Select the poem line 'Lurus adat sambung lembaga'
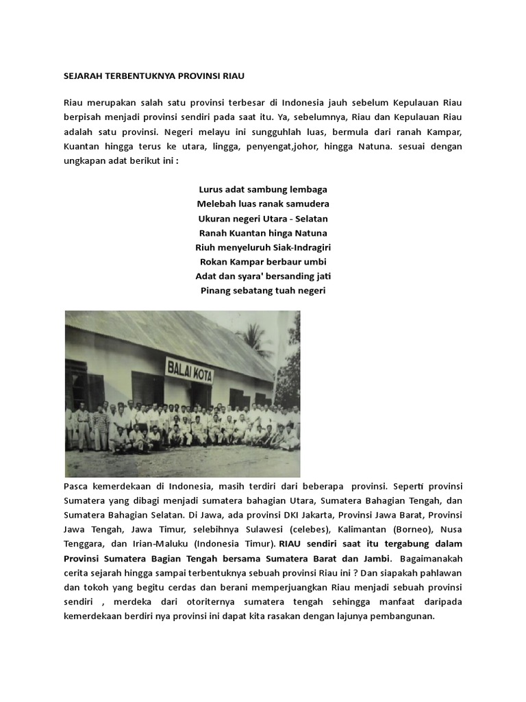[263, 189]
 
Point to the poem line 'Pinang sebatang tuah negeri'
[263, 291]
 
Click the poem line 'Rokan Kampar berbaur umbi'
[263, 261]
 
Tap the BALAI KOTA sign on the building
[190, 370]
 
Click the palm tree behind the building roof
[255, 337]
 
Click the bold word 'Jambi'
[376, 558]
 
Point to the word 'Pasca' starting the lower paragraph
[75, 486]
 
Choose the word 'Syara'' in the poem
[253, 276]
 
